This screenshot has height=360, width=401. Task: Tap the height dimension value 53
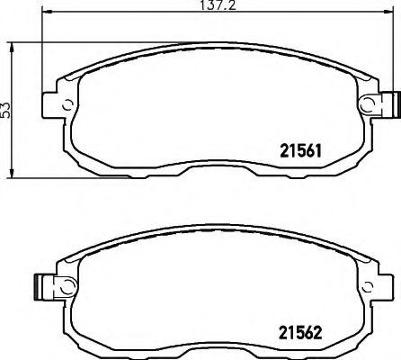(6, 108)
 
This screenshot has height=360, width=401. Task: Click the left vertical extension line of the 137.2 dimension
(43, 63)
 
